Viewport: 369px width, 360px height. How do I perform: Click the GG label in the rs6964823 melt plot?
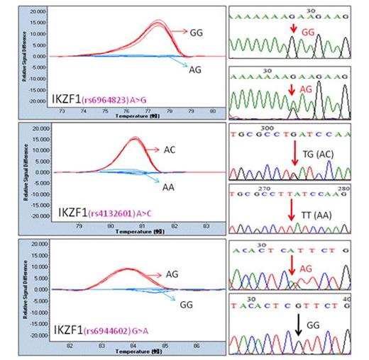coord(204,32)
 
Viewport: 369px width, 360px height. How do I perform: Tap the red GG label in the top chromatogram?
coord(307,33)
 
